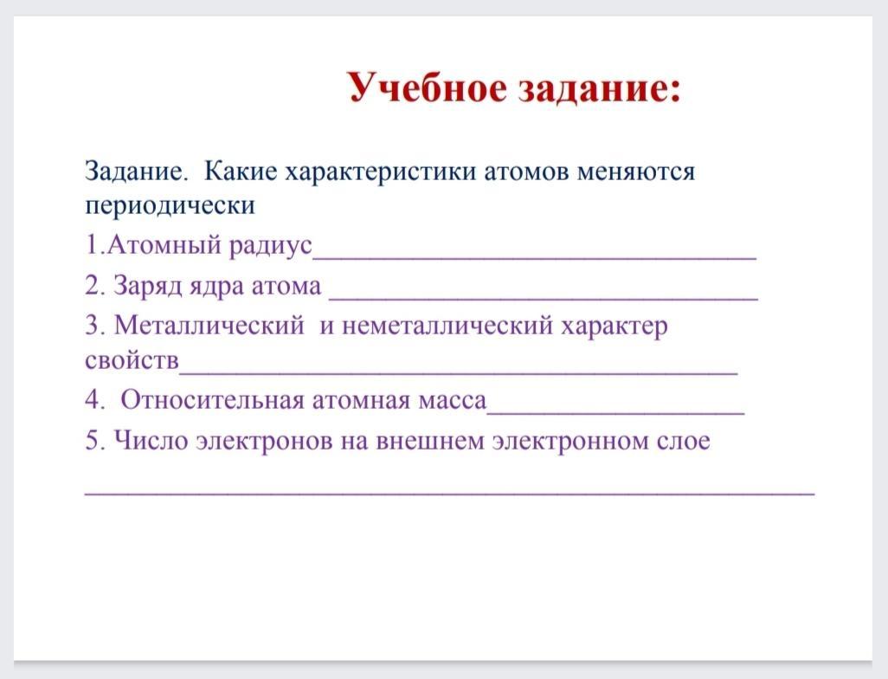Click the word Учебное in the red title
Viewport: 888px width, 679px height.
click(x=427, y=88)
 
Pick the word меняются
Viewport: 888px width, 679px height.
click(x=636, y=171)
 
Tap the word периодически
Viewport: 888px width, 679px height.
click(x=170, y=205)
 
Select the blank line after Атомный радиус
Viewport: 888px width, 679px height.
click(x=535, y=258)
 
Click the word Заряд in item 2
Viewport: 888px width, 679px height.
click(x=147, y=286)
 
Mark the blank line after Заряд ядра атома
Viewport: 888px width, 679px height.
click(x=544, y=298)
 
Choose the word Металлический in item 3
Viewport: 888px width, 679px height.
click(x=209, y=326)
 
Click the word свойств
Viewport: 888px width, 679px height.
click(x=132, y=360)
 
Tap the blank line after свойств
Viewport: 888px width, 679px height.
click(x=458, y=372)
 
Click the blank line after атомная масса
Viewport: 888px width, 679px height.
click(x=615, y=412)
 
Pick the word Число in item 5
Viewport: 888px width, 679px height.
click(x=151, y=440)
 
